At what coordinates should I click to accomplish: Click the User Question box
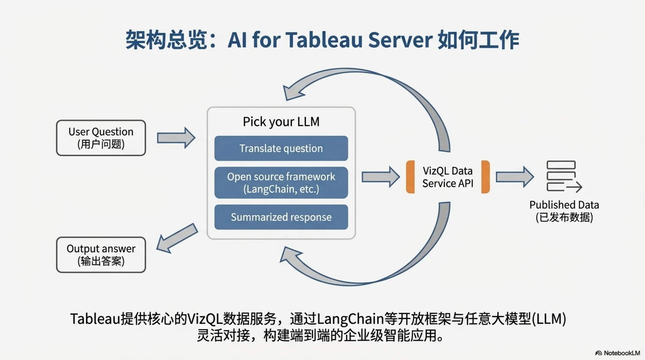point(101,138)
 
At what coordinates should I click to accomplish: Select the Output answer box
point(101,255)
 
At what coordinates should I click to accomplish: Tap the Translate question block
point(281,148)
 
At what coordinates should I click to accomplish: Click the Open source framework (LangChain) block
point(281,183)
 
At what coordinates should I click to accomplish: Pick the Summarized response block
point(281,217)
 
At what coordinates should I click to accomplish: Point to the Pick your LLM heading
point(281,122)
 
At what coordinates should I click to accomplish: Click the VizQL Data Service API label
point(448,177)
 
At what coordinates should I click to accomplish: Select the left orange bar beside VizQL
point(410,177)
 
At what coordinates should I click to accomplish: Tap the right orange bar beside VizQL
point(486,177)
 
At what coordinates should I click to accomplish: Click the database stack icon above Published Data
point(563,176)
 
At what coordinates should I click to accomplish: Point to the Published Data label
point(564,211)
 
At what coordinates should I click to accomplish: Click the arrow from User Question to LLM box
point(176,138)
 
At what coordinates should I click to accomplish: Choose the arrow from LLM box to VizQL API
point(380,177)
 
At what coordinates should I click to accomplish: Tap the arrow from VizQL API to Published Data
point(514,177)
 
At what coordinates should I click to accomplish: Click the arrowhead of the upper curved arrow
point(292,91)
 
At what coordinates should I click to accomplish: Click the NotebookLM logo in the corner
point(618,353)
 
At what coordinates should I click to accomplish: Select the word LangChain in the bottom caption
point(350,319)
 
